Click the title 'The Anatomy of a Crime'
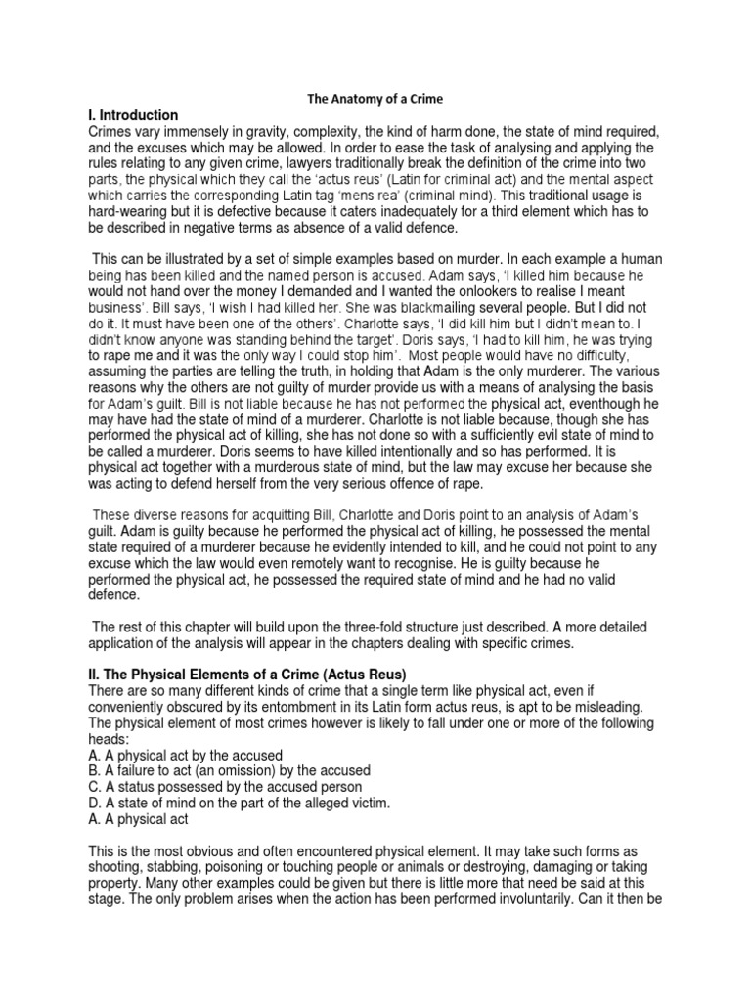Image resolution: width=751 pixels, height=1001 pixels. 375,99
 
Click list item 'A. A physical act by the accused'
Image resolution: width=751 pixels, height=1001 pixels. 186,756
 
